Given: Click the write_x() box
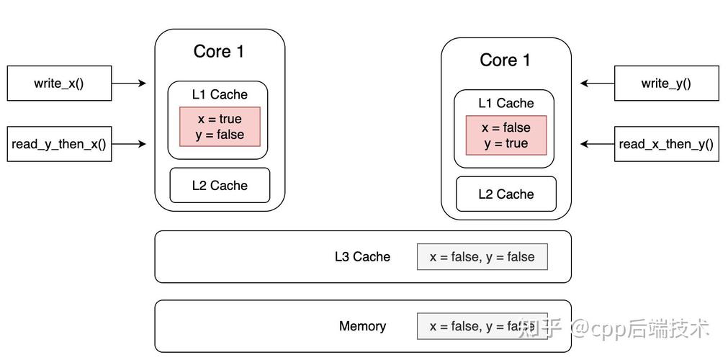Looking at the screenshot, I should [59, 84].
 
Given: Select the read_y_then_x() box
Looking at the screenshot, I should [59, 144].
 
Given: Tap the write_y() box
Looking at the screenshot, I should [666, 84].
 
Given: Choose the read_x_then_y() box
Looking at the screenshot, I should [666, 144].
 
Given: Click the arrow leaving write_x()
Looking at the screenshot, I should [130, 84].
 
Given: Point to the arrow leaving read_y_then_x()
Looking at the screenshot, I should [130, 144].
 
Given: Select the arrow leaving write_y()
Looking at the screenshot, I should [597, 84].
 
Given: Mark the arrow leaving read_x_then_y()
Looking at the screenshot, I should [597, 144].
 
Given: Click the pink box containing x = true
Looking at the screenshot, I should [220, 127].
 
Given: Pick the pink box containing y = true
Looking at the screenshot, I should [506, 135].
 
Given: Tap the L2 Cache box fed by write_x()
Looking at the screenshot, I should [220, 186].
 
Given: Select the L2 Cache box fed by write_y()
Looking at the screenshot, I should [506, 194].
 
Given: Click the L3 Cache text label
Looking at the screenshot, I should [362, 257].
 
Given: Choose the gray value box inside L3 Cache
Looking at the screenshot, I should [482, 257].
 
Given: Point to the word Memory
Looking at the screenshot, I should [362, 326].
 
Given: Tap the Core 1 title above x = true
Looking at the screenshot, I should [219, 52].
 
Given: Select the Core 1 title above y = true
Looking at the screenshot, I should [505, 60].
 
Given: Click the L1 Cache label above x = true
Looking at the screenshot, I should [220, 94].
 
